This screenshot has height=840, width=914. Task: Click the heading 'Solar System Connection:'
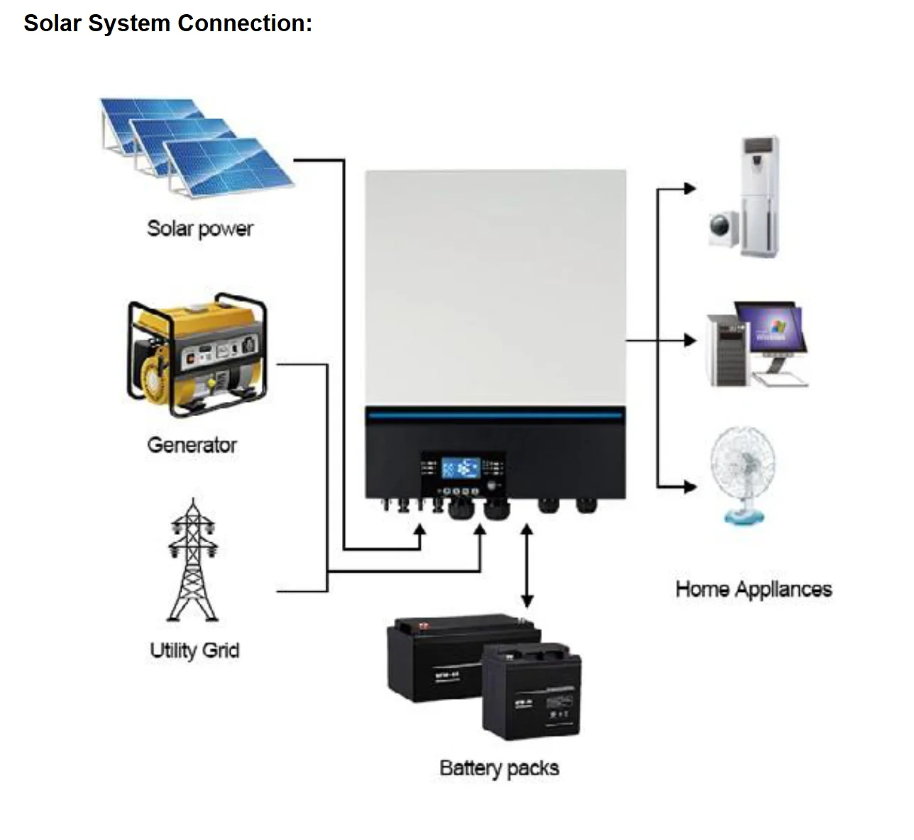tap(168, 23)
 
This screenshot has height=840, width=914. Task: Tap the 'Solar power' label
tap(199, 228)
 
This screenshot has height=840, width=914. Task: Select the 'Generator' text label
tap(192, 445)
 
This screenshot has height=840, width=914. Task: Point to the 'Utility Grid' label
tap(194, 650)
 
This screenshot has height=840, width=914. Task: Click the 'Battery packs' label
tap(499, 768)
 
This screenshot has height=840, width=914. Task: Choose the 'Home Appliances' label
tap(754, 589)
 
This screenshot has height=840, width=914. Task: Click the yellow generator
tap(197, 352)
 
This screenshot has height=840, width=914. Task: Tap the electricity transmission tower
tap(192, 560)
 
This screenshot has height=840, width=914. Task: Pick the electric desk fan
tap(742, 471)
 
